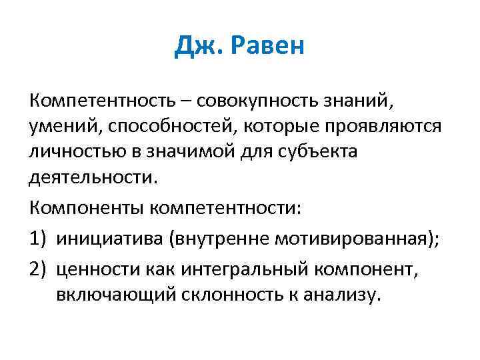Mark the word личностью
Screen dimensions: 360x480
pyautogui.click(x=77, y=153)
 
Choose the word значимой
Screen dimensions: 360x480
pyautogui.click(x=196, y=153)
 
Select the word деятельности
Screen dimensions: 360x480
pyautogui.click(x=94, y=178)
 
